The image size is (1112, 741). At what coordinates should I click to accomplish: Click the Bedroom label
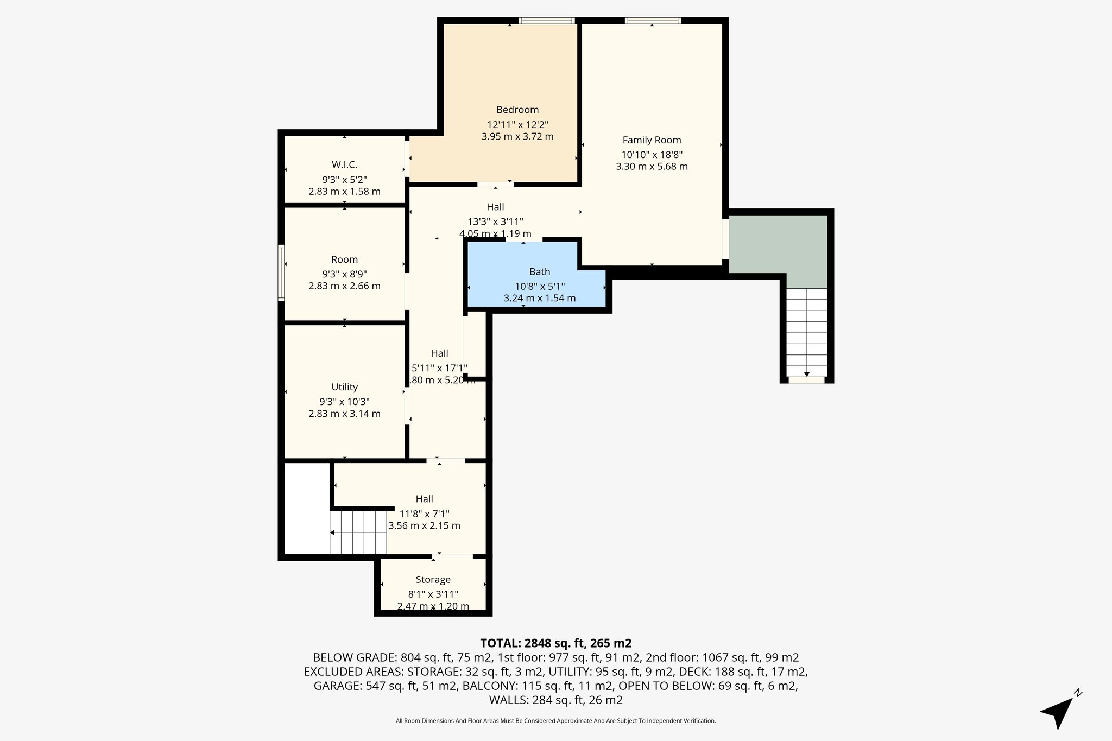point(517,110)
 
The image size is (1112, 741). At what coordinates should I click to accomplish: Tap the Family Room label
point(652,140)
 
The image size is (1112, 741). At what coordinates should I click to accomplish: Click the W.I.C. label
point(344,165)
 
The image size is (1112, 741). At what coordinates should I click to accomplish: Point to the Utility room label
point(344,387)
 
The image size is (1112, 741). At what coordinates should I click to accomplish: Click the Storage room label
point(433,580)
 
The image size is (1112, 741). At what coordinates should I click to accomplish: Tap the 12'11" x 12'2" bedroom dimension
point(517,124)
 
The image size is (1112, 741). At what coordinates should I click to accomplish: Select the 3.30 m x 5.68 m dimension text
point(652,167)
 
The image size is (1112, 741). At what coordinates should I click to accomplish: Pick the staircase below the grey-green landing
point(806,332)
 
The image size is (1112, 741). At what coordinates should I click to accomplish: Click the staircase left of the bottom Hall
point(358,532)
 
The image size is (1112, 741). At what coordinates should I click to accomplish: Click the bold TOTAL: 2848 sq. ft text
point(555,643)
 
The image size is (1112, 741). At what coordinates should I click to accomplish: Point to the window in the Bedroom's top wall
point(546,21)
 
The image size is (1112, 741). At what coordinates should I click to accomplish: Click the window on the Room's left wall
point(281,273)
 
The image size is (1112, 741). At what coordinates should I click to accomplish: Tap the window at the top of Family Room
point(652,21)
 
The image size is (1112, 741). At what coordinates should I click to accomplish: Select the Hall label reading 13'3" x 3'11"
point(495,207)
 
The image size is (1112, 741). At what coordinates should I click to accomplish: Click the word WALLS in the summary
point(508,700)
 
